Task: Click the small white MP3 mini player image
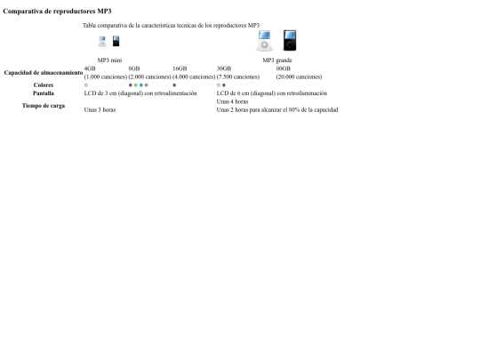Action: coord(102,41)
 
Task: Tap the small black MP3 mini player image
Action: coord(116,41)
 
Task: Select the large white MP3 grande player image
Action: coord(264,40)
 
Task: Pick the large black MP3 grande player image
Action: coord(290,40)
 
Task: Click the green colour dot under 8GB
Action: coord(136,85)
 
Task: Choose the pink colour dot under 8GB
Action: coord(147,85)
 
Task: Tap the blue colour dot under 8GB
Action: coord(141,85)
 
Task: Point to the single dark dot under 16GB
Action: coord(174,85)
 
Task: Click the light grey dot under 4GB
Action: coord(86,85)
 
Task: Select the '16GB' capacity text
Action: coord(180,68)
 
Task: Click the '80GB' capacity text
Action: coord(284,68)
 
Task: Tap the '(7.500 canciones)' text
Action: coord(238,76)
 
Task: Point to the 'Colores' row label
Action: coord(44,85)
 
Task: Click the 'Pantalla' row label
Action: coord(44,93)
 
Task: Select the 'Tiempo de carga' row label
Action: coord(44,106)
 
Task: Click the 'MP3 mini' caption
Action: coord(109,60)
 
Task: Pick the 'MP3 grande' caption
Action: coord(277,60)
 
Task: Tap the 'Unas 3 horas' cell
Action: coord(100,110)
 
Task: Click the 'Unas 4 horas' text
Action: coord(232,101)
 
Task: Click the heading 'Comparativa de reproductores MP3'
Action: coord(57,12)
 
